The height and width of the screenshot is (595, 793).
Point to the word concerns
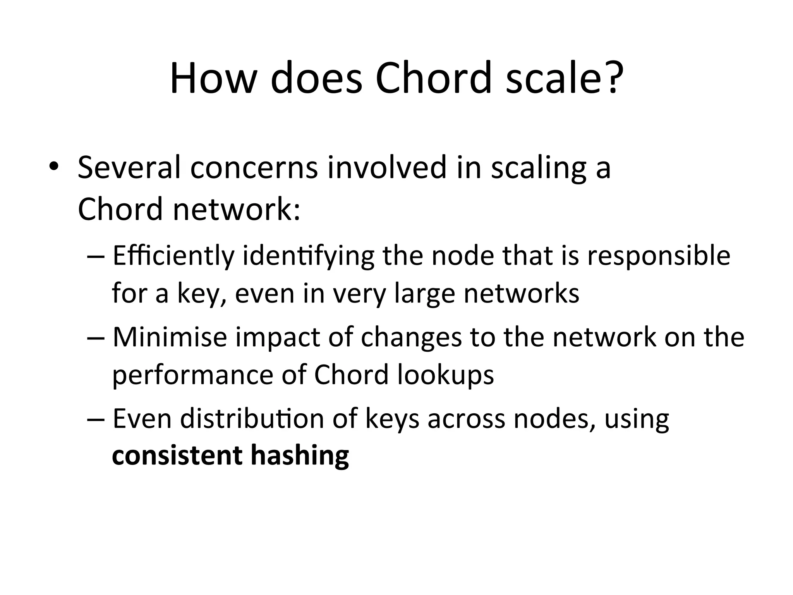click(254, 169)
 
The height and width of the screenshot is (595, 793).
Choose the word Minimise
click(170, 337)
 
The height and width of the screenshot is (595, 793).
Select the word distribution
click(252, 419)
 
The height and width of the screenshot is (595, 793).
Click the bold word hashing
click(300, 456)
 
